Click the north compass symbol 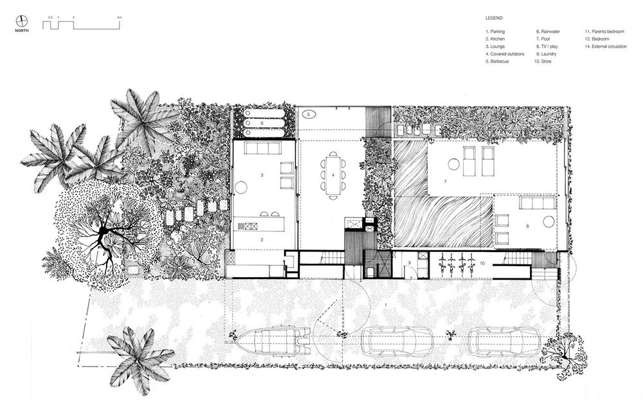click(x=22, y=21)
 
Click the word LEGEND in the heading click(x=494, y=18)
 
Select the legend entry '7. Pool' click(x=543, y=39)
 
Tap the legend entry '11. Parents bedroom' click(x=604, y=32)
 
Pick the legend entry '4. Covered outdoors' click(x=505, y=54)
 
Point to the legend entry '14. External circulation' click(x=606, y=47)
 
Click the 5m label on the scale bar click(x=120, y=17)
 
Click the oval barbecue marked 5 click(x=309, y=114)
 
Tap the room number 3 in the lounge click(x=262, y=175)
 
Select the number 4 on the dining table click(x=333, y=175)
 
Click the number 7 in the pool click(x=444, y=181)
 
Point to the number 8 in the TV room click(x=527, y=226)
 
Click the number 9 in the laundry click(x=409, y=262)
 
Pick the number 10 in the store click(x=482, y=263)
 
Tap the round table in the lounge click(x=240, y=188)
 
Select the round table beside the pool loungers click(x=453, y=164)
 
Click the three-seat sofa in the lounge click(x=262, y=149)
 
